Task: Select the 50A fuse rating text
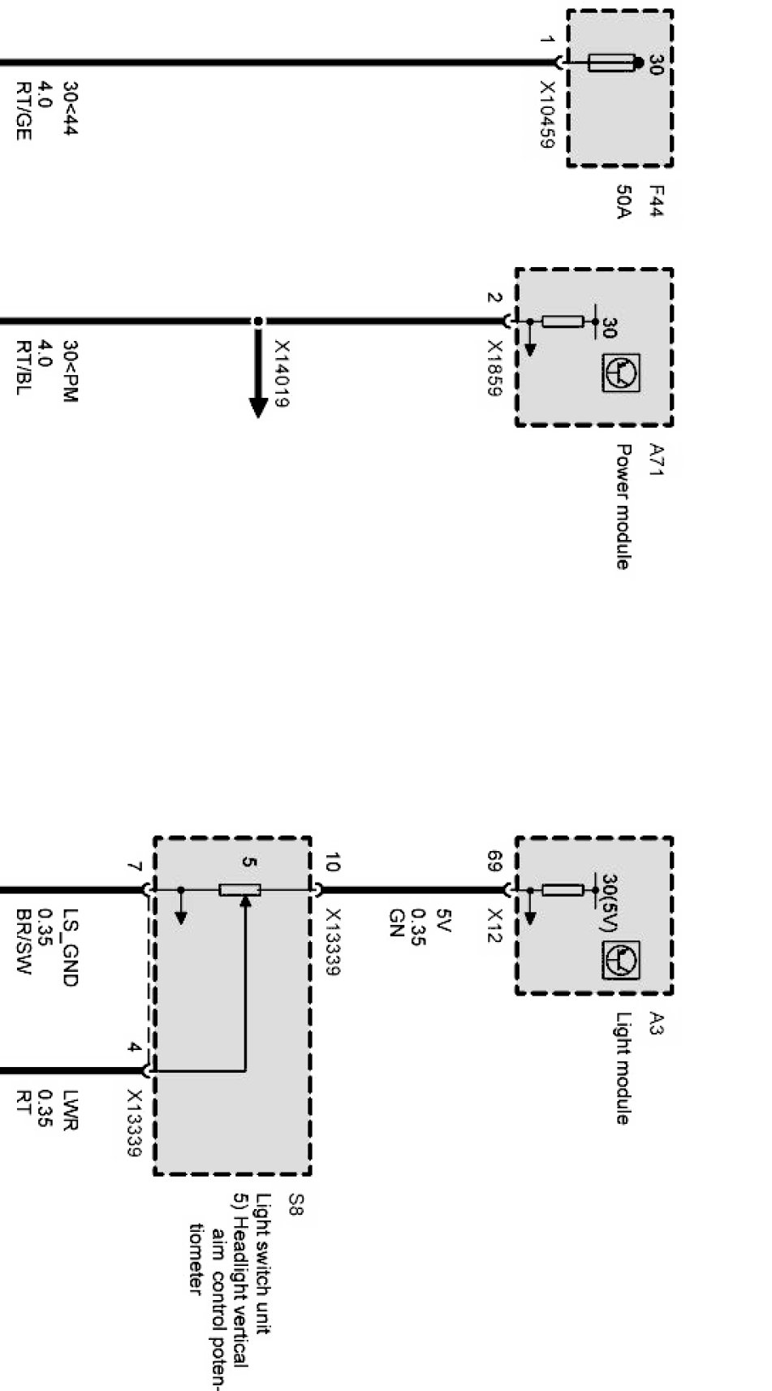tap(623, 202)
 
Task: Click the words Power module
tap(623, 506)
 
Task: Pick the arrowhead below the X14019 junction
tap(258, 405)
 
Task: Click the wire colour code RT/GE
tap(23, 110)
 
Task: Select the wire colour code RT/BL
tap(23, 367)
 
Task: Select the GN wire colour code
tap(395, 922)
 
